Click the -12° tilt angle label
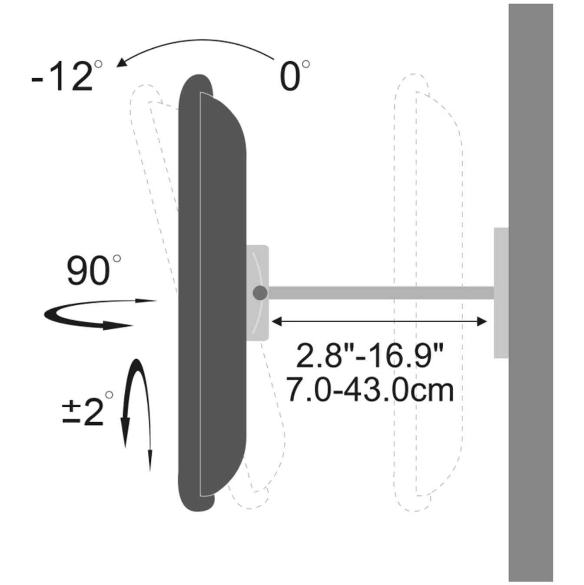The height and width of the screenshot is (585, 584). pos(66,76)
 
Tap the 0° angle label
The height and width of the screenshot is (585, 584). pos(294,76)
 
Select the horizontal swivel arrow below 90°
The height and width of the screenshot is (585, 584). pos(100,314)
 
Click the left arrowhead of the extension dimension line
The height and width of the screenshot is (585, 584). pos(277,322)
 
